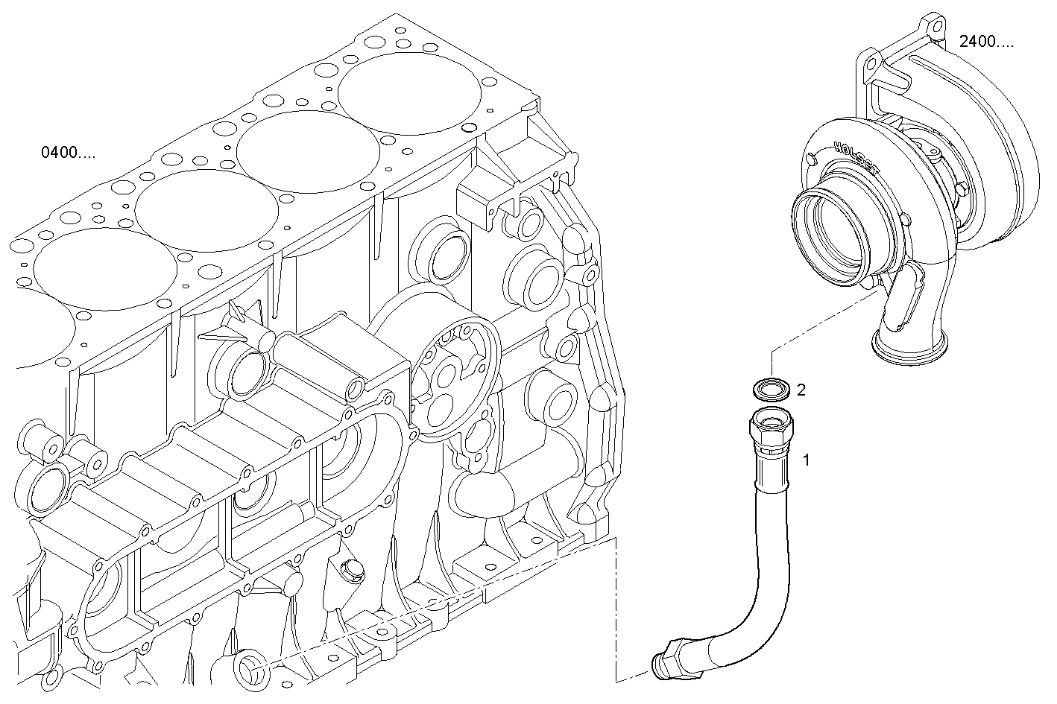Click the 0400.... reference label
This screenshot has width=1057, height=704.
(x=68, y=154)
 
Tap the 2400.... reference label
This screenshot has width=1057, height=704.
(x=986, y=42)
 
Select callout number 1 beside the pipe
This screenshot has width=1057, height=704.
(x=806, y=460)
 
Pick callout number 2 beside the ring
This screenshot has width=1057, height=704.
(x=801, y=390)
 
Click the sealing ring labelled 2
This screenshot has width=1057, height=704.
(x=770, y=390)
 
